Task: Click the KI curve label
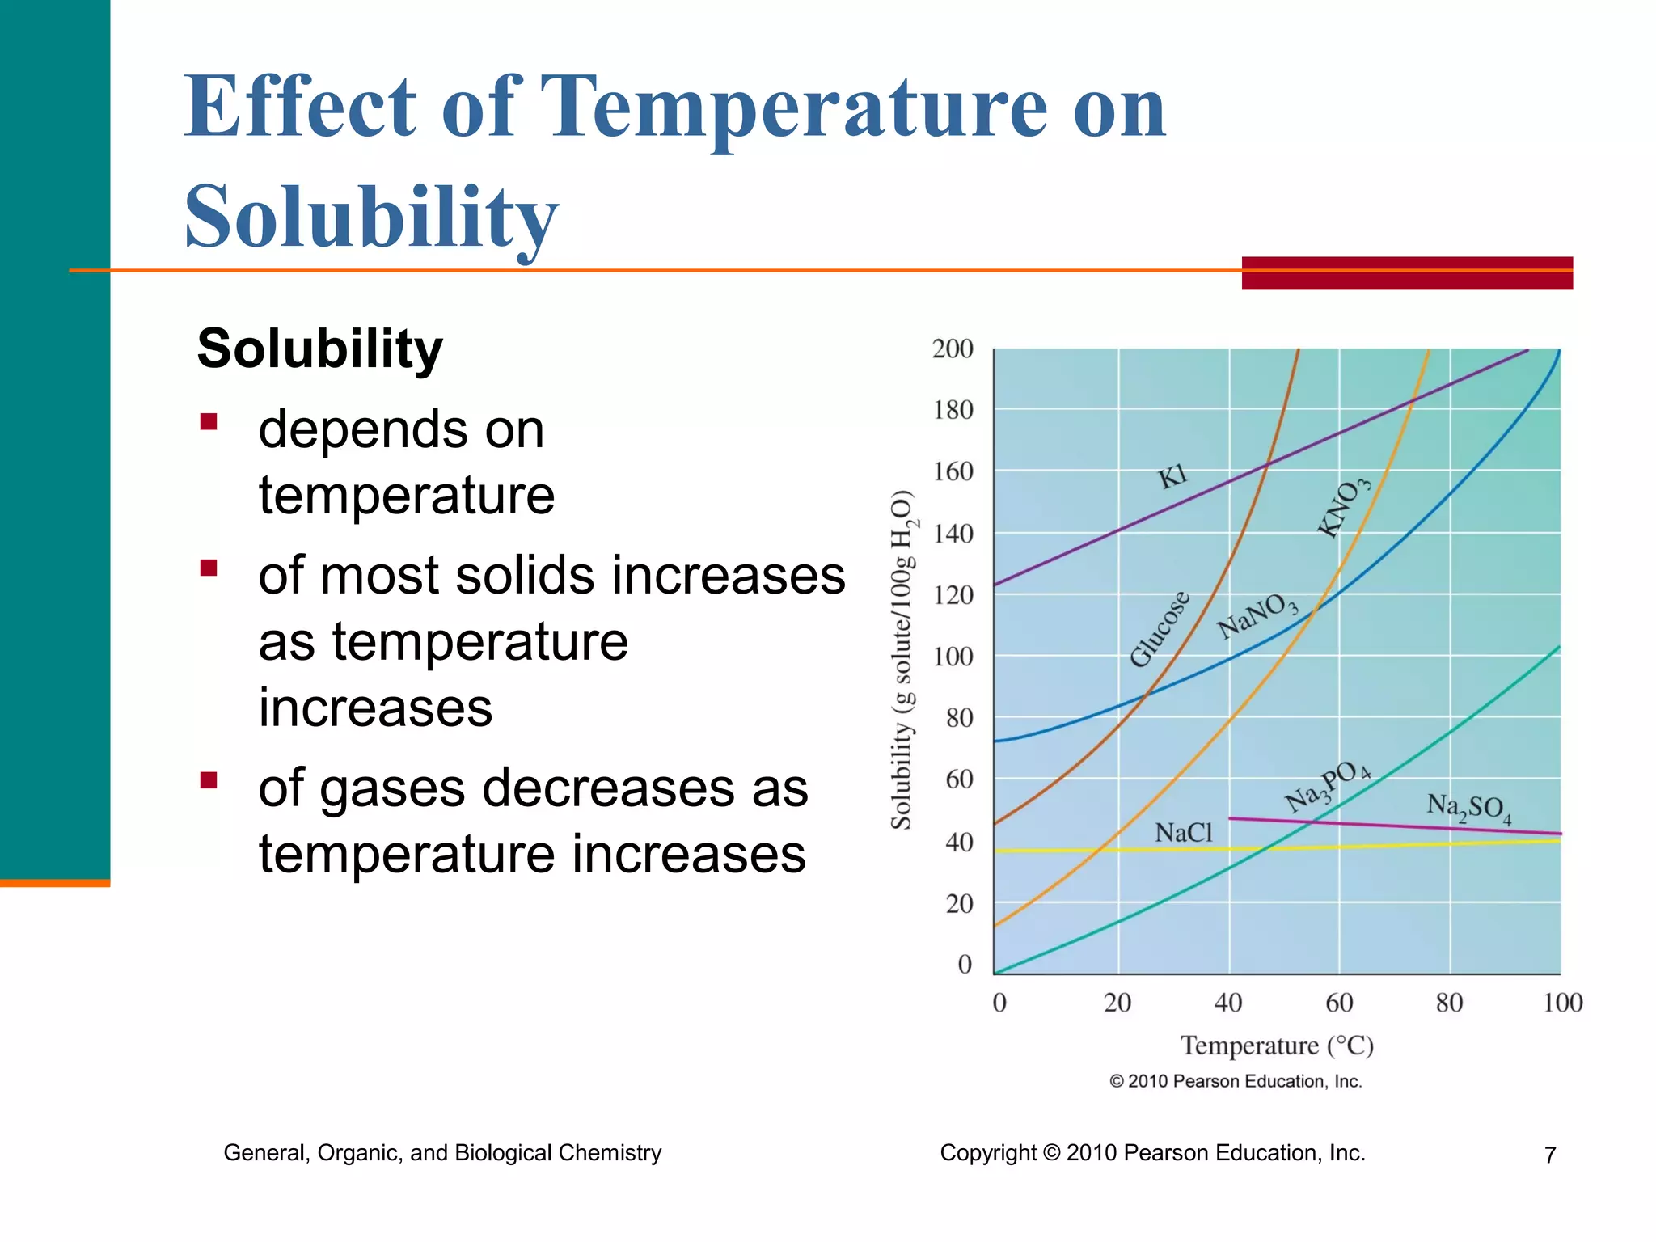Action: click(1172, 476)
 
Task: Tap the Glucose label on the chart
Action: click(1160, 628)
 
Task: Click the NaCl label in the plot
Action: click(1183, 832)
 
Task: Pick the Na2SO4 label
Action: click(1468, 808)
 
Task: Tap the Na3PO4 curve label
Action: click(1327, 785)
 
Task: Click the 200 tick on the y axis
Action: click(953, 349)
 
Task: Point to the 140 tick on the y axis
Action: click(953, 534)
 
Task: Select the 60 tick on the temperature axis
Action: click(1339, 1003)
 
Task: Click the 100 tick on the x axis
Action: click(1562, 1003)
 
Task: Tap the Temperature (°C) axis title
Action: click(1277, 1046)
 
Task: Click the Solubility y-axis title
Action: click(902, 659)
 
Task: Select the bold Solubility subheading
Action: click(319, 349)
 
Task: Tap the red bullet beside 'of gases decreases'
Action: click(209, 780)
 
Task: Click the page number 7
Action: click(1549, 1155)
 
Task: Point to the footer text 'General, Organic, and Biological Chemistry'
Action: click(442, 1152)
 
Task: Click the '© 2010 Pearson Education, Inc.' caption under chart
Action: click(1236, 1081)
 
